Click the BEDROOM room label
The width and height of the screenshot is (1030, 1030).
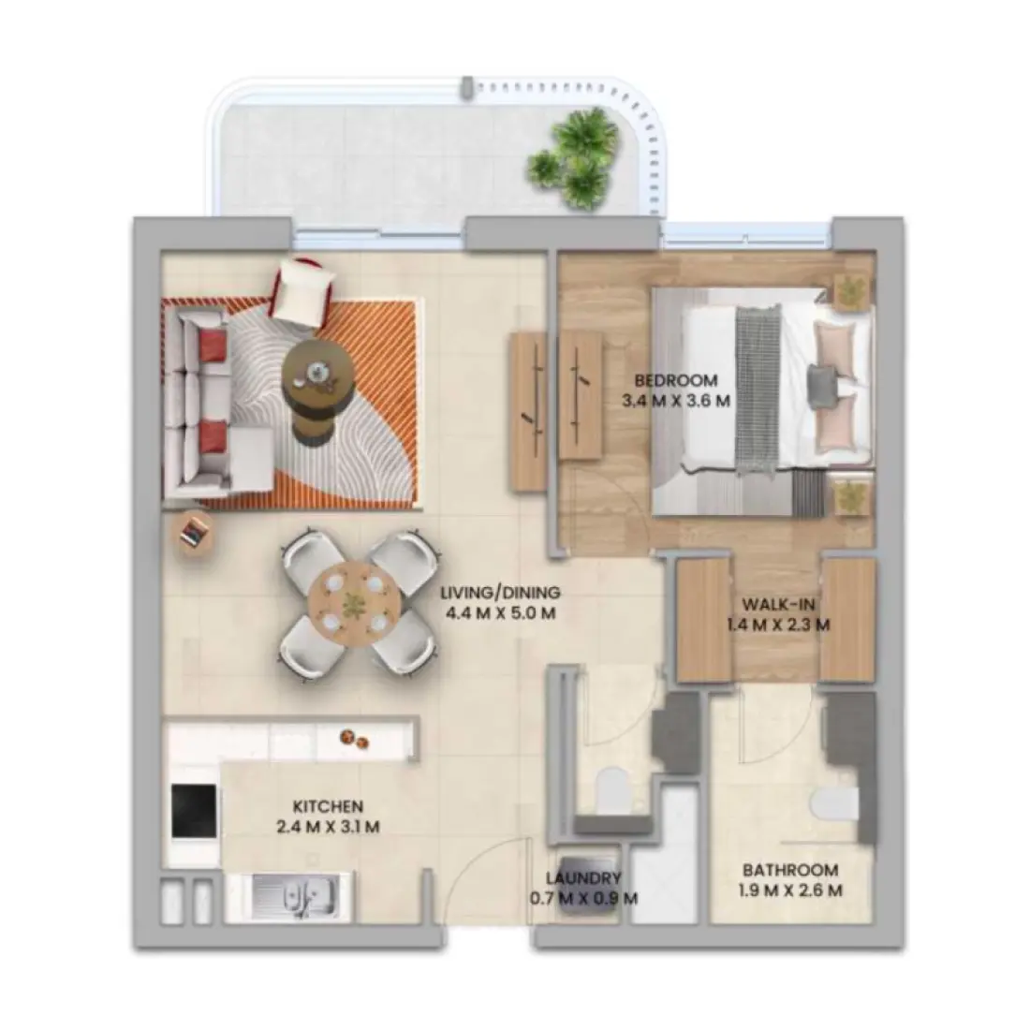(x=676, y=380)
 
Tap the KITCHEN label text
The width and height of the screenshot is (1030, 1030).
(x=328, y=806)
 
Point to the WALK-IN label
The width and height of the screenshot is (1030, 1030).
(x=776, y=603)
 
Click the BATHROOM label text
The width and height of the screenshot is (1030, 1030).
(x=790, y=869)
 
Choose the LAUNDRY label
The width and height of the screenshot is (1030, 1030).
(x=584, y=877)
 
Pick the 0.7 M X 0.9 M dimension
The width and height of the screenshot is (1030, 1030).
(x=584, y=898)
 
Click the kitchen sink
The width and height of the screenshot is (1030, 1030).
(x=302, y=896)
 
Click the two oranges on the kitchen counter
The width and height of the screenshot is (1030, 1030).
(x=353, y=738)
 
